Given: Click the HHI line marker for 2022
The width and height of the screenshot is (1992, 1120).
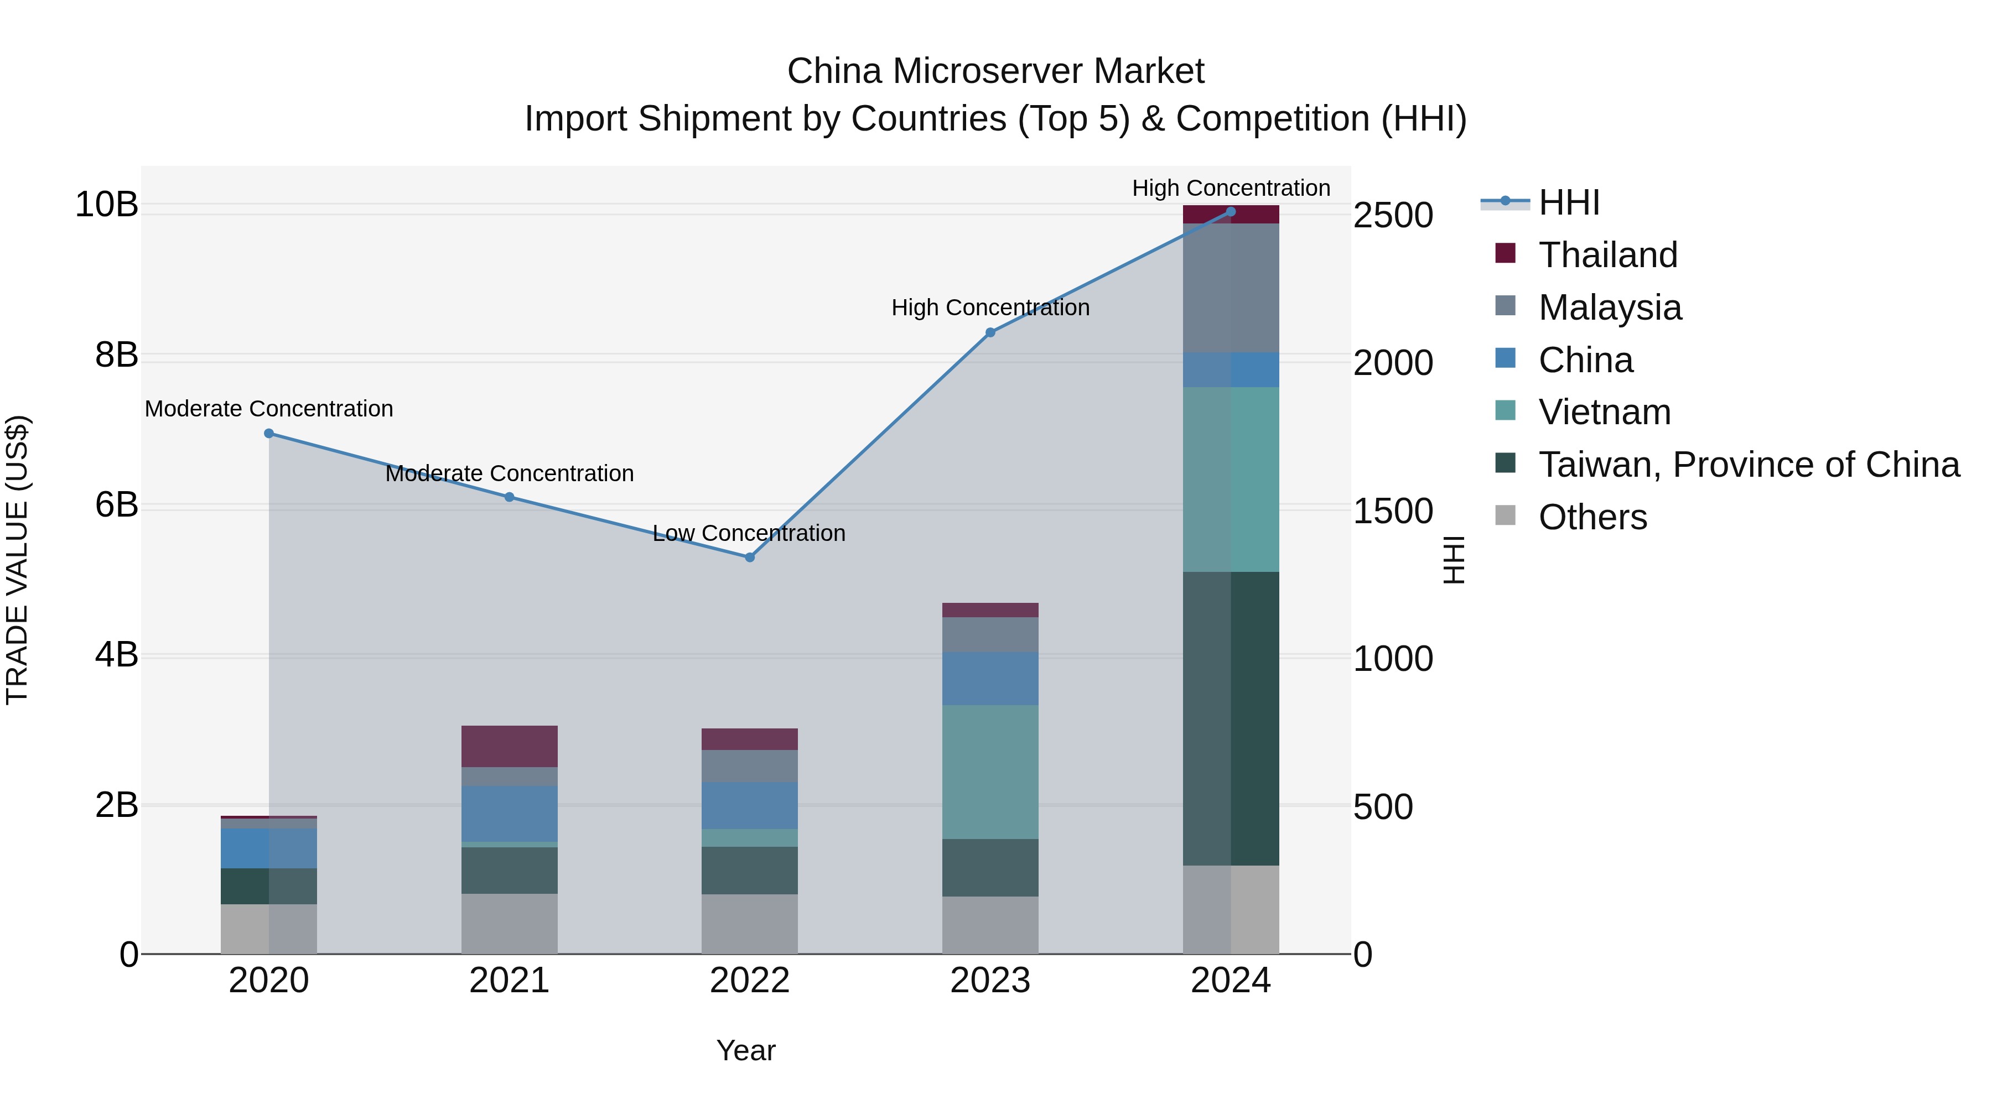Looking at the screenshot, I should click(x=749, y=558).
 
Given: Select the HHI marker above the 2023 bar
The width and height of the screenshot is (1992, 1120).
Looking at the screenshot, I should click(x=990, y=332).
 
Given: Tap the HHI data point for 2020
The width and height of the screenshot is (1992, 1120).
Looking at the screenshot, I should click(x=269, y=434).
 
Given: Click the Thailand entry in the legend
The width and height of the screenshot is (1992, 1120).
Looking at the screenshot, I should click(x=1607, y=255).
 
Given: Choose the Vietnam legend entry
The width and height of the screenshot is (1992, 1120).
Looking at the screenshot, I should click(x=1604, y=412).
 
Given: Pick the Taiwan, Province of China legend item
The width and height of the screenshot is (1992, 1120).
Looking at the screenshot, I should click(x=1747, y=465).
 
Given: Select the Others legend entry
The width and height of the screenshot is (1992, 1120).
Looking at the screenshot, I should click(x=1592, y=517).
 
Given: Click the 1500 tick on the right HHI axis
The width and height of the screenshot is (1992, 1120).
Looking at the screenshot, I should click(x=1393, y=511).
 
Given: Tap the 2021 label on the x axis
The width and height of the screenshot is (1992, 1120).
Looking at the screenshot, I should click(x=509, y=981).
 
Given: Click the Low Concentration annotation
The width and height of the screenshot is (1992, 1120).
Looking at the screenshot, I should click(x=749, y=533).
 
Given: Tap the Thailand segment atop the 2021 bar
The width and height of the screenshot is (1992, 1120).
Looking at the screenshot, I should click(x=509, y=746).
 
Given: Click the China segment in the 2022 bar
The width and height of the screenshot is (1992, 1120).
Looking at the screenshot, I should click(x=749, y=805).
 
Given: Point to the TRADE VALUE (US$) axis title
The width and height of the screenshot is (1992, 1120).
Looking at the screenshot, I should click(x=17, y=560).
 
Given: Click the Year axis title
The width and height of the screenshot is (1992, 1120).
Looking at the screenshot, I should click(x=745, y=1050).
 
